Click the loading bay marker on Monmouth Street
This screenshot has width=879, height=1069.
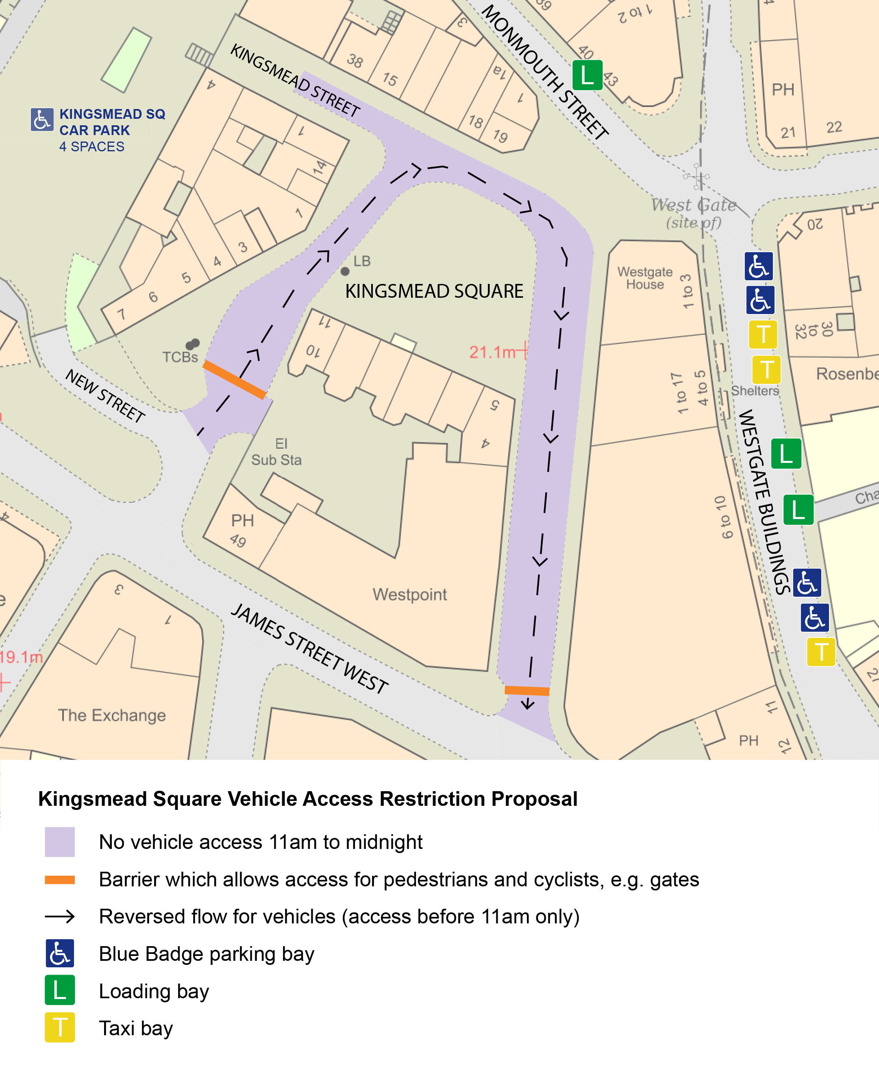pyautogui.click(x=587, y=75)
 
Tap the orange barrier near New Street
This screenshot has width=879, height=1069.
pyautogui.click(x=235, y=380)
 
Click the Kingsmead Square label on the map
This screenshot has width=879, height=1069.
pyautogui.click(x=434, y=291)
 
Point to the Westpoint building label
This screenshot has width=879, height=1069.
pyautogui.click(x=410, y=594)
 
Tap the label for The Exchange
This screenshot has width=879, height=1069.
pyautogui.click(x=112, y=715)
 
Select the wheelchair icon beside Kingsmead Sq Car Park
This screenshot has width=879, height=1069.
pyautogui.click(x=42, y=120)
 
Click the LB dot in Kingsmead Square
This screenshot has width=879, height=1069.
pyautogui.click(x=345, y=272)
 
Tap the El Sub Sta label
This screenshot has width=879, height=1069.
pyautogui.click(x=276, y=452)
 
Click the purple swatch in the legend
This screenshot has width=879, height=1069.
pyautogui.click(x=60, y=842)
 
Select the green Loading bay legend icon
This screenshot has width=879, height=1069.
pyautogui.click(x=60, y=990)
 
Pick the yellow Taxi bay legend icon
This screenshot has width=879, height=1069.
pyautogui.click(x=60, y=1028)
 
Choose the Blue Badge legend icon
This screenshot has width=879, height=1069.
pyautogui.click(x=60, y=953)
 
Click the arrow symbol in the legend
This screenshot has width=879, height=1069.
pyautogui.click(x=60, y=916)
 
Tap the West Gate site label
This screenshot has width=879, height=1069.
pyautogui.click(x=694, y=213)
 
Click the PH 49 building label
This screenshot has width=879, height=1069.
pyautogui.click(x=241, y=530)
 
